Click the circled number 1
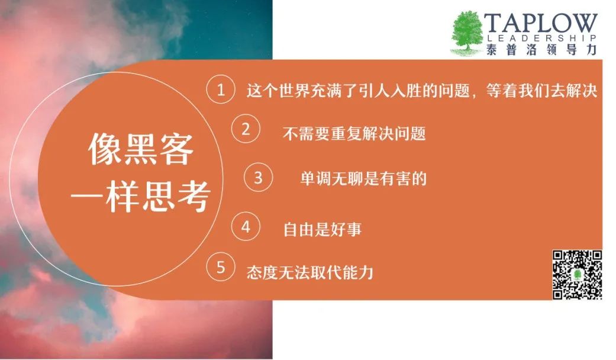click(221, 89)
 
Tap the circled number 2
click(246, 128)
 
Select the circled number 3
click(258, 177)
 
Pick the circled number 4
click(246, 227)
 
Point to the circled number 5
click(221, 267)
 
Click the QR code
click(578, 275)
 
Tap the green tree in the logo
click(467, 33)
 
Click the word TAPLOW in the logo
click(541, 23)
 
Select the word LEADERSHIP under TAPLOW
click(542, 38)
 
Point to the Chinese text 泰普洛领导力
click(541, 50)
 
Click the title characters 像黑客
click(141, 149)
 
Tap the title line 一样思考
click(140, 197)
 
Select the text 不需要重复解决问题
click(354, 134)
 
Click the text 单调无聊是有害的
click(363, 178)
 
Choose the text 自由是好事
click(322, 229)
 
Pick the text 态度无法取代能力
click(309, 272)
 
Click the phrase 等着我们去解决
click(542, 91)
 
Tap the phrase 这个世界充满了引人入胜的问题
click(358, 91)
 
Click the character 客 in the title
click(176, 149)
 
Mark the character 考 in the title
click(193, 197)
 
